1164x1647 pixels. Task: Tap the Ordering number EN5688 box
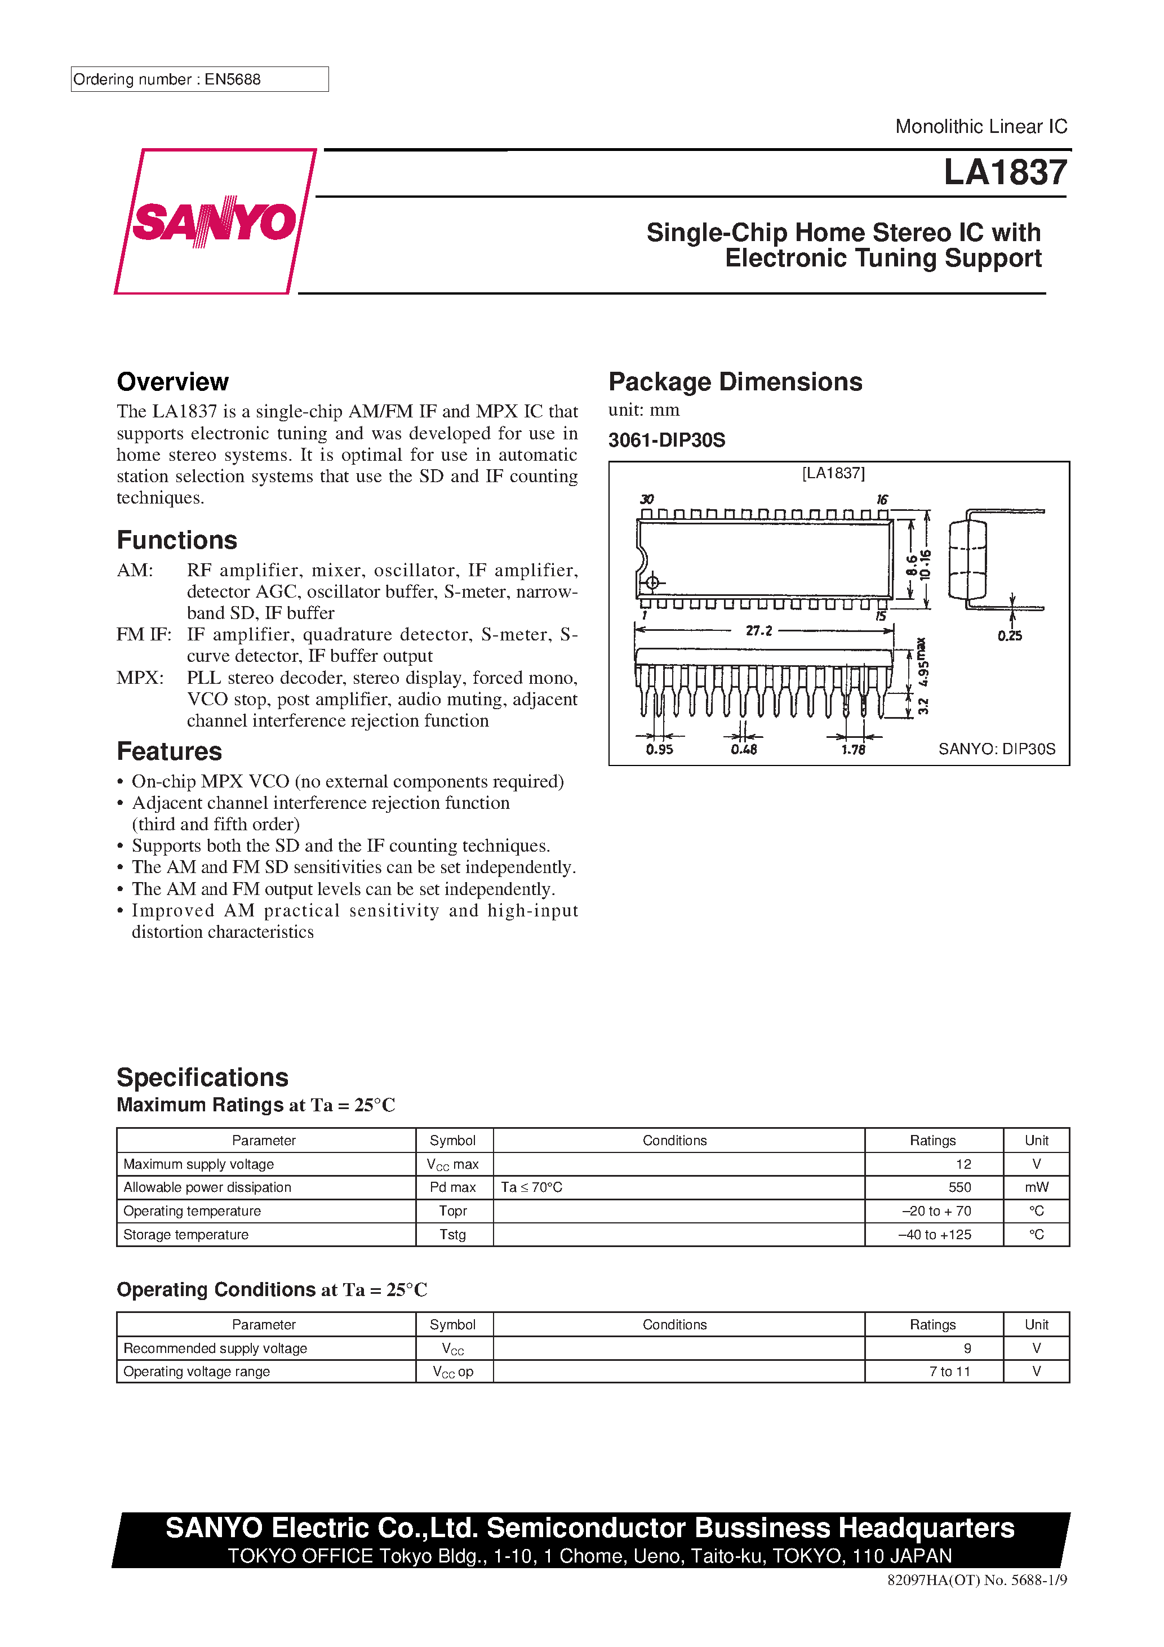click(x=199, y=79)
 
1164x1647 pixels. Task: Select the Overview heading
click(x=173, y=382)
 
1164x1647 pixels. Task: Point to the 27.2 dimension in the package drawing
click(x=758, y=630)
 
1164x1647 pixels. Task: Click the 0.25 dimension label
click(x=1009, y=635)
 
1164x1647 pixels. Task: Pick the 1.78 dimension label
click(x=853, y=750)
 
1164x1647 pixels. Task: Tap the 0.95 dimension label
click(x=659, y=750)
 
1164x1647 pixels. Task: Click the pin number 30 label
click(x=647, y=499)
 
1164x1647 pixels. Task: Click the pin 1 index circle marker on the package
click(x=652, y=582)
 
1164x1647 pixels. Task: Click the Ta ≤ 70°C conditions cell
click(x=532, y=1187)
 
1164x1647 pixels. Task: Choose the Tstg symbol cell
click(x=453, y=1235)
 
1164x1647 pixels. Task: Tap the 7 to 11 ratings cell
click(x=949, y=1372)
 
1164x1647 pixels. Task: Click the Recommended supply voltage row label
click(x=215, y=1348)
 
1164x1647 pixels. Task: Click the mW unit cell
click(x=1036, y=1187)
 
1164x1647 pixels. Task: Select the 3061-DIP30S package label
click(x=667, y=440)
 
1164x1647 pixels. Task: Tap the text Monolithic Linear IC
click(x=981, y=127)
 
